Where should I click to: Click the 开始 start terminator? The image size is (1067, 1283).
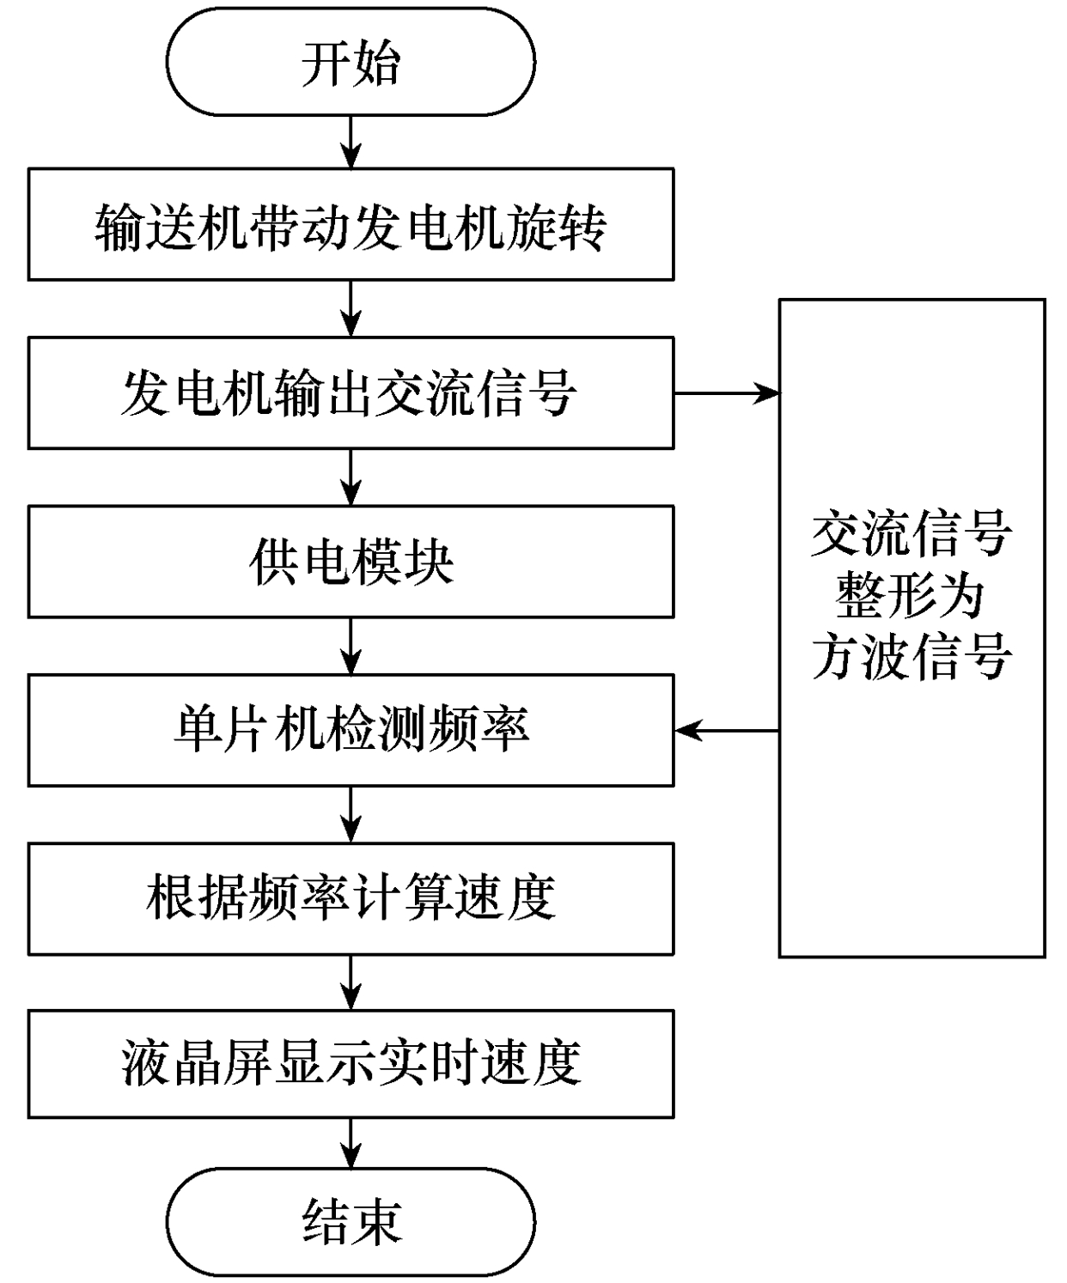pyautogui.click(x=351, y=62)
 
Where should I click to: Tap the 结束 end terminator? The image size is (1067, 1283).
pyautogui.click(x=351, y=1221)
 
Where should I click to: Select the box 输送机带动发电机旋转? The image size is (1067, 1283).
pyautogui.click(x=351, y=225)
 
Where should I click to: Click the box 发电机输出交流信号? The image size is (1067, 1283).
pyautogui.click(x=351, y=393)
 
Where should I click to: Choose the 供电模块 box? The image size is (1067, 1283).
pyautogui.click(x=351, y=562)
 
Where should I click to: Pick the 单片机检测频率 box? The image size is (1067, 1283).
pyautogui.click(x=351, y=730)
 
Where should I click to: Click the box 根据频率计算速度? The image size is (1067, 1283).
pyautogui.click(x=351, y=898)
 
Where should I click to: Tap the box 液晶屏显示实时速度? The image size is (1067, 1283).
pyautogui.click(x=351, y=1063)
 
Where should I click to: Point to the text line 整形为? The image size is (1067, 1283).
pyautogui.click(x=911, y=596)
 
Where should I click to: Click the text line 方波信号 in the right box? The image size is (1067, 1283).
pyautogui.click(x=911, y=658)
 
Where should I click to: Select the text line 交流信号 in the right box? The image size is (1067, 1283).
pyautogui.click(x=911, y=534)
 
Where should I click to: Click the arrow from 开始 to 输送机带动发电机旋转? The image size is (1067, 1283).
pyautogui.click(x=351, y=142)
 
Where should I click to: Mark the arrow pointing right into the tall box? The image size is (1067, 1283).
pyautogui.click(x=726, y=393)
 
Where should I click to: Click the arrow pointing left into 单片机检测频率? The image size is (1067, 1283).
pyautogui.click(x=727, y=731)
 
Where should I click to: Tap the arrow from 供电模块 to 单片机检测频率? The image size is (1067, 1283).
pyautogui.click(x=351, y=647)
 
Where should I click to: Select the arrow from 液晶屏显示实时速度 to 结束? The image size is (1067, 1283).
pyautogui.click(x=351, y=1143)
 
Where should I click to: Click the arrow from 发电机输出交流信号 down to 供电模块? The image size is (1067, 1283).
pyautogui.click(x=351, y=477)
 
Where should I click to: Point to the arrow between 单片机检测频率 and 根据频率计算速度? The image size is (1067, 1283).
pyautogui.click(x=351, y=814)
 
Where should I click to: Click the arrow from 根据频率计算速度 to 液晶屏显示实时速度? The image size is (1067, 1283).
pyautogui.click(x=351, y=982)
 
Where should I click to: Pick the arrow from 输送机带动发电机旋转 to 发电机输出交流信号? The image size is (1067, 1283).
pyautogui.click(x=351, y=309)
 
